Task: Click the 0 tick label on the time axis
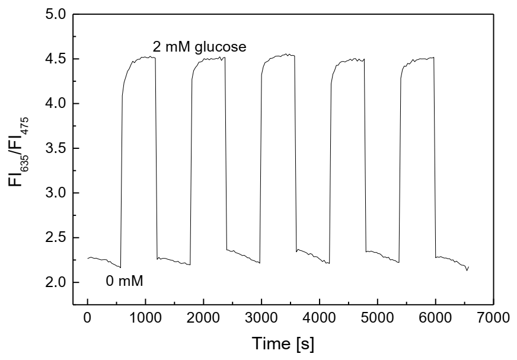pyautogui.click(x=88, y=318)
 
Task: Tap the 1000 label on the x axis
pyautogui.click(x=157, y=318)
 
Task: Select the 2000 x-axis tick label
pyautogui.click(x=226, y=318)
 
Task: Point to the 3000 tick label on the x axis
pyautogui.click(x=296, y=318)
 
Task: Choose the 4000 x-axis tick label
pyautogui.click(x=365, y=318)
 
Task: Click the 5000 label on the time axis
pyautogui.click(x=435, y=318)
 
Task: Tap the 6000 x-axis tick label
pyautogui.click(x=504, y=318)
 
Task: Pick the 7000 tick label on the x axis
pyautogui.click(x=494, y=318)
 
